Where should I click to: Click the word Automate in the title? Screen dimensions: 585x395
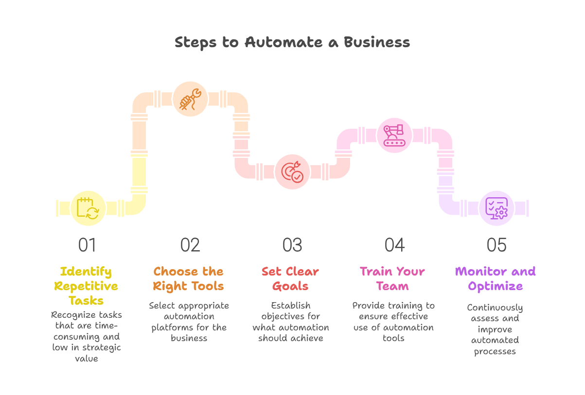(284, 42)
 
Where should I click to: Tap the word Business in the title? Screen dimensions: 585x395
(376, 42)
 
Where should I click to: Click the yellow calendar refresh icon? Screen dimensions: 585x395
(88, 208)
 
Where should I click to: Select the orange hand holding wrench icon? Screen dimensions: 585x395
(190, 99)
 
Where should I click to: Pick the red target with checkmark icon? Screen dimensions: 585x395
(292, 172)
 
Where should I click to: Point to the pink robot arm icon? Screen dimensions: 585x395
(394, 136)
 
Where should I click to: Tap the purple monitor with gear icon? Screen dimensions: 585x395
(496, 208)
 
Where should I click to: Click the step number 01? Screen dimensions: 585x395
(87, 245)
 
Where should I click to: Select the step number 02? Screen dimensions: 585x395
(190, 245)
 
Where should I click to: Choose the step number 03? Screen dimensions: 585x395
(292, 245)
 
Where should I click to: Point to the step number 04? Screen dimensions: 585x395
(394, 245)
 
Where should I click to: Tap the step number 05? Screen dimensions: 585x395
(496, 245)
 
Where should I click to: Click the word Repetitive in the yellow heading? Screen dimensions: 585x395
(86, 287)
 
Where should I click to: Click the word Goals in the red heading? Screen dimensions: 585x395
(290, 286)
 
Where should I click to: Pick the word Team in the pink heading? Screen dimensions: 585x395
(392, 286)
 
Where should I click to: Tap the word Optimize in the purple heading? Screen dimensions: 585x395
(495, 287)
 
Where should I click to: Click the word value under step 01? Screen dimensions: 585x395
(87, 359)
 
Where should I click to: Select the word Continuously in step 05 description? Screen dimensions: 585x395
(495, 308)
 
